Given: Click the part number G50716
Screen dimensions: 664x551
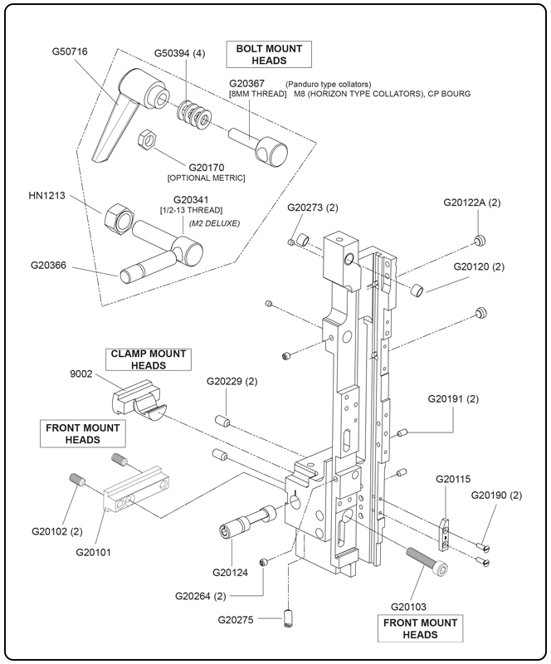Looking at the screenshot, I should pos(70,51).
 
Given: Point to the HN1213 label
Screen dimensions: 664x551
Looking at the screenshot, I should pos(47,197).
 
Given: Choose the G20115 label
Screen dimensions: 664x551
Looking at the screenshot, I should pos(453,479).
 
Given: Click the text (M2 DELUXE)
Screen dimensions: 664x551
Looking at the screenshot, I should pos(213,224).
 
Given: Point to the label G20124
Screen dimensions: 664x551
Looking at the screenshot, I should pos(231,571).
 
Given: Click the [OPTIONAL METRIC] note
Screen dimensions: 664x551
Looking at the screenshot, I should pos(206,178).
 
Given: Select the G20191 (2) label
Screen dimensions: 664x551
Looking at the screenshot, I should pos(454,399).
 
